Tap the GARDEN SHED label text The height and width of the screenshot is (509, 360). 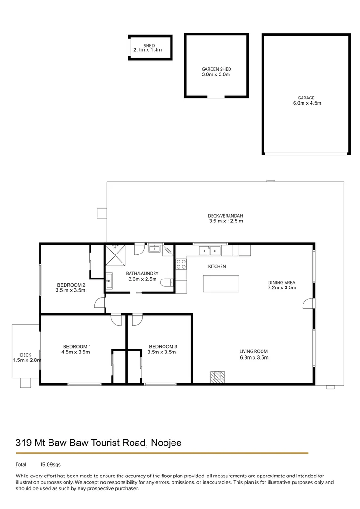coord(216,69)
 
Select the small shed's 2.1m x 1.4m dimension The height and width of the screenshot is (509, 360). coord(147,50)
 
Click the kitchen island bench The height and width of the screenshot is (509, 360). coord(221,284)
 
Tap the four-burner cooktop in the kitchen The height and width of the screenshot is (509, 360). coord(181,264)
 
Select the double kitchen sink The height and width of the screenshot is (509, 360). coord(210,250)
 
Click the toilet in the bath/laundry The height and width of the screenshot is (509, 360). coord(166,283)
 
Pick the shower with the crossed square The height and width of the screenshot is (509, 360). coord(115,255)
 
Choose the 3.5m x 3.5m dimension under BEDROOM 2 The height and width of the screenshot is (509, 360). coord(71,290)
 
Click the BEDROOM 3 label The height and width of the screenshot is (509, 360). coord(162,346)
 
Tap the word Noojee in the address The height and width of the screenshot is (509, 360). coord(167,443)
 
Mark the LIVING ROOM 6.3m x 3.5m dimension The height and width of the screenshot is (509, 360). coord(254,357)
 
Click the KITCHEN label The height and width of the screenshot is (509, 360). coord(217,267)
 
